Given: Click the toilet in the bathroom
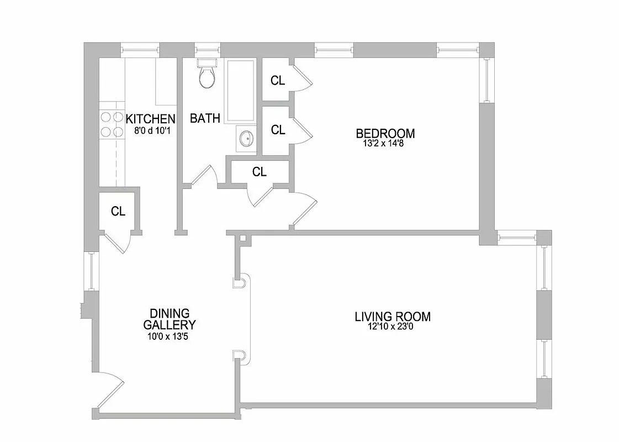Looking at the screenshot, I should (x=207, y=75).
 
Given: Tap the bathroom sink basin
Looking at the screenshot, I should (x=246, y=138).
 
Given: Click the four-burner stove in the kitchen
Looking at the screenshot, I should (x=112, y=124).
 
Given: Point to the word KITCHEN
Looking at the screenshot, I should (x=150, y=119).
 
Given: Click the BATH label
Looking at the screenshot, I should (x=205, y=118).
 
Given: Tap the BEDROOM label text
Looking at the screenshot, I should (x=385, y=133).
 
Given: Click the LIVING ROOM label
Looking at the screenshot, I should (x=392, y=317).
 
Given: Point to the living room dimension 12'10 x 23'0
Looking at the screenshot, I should (x=392, y=327).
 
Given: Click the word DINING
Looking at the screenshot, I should (x=169, y=313).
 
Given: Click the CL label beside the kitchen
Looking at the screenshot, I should (x=118, y=211).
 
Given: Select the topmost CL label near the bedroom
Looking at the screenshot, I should (x=278, y=81).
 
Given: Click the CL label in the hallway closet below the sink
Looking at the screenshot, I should (x=259, y=172).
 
